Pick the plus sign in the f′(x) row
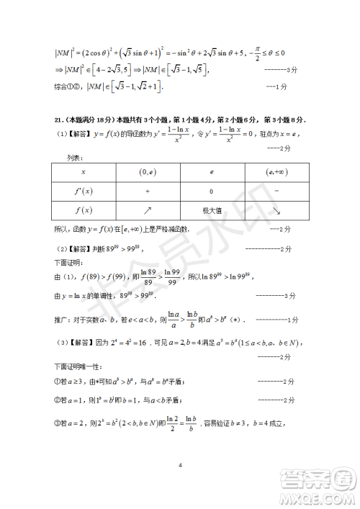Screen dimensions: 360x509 pos(148,192)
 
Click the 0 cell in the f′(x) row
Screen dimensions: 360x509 pos(211,192)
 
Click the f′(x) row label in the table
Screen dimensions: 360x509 pos(84,192)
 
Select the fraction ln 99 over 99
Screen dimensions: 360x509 pos(172,277)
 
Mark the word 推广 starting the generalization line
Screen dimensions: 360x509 pos(61,319)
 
